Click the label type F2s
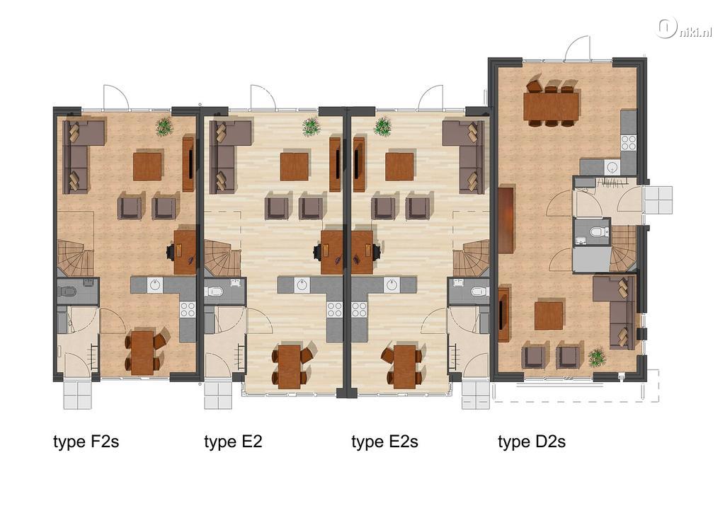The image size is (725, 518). pyautogui.click(x=86, y=442)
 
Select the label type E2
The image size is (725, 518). pyautogui.click(x=233, y=442)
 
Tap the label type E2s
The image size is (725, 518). pyautogui.click(x=384, y=442)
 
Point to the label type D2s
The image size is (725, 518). pyautogui.click(x=532, y=442)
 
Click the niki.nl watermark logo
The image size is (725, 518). pyautogui.click(x=684, y=28)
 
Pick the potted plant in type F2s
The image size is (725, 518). pyautogui.click(x=164, y=127)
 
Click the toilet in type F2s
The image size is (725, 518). pyautogui.click(x=67, y=292)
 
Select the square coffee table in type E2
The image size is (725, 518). pyautogui.click(x=294, y=166)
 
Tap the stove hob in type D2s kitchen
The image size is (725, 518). pyautogui.click(x=629, y=142)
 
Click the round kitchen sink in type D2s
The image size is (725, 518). pyautogui.click(x=612, y=167)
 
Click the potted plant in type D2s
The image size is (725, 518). pyautogui.click(x=597, y=357)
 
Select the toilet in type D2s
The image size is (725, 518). pyautogui.click(x=598, y=231)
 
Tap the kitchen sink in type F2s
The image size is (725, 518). pyautogui.click(x=154, y=284)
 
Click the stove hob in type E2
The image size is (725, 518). pyautogui.click(x=334, y=309)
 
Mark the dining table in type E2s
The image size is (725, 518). pyautogui.click(x=404, y=367)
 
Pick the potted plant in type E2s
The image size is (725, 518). pyautogui.click(x=382, y=127)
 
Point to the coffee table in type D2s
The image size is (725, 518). pyautogui.click(x=549, y=316)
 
